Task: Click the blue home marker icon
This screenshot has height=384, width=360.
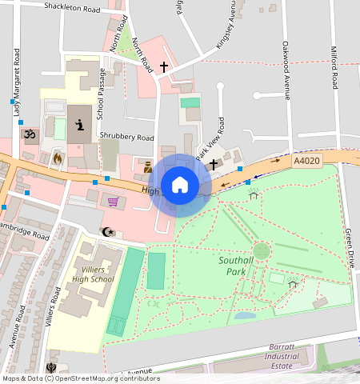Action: [x=180, y=185]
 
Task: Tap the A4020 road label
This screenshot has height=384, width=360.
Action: [x=306, y=161]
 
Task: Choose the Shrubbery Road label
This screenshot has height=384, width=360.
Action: [x=126, y=137]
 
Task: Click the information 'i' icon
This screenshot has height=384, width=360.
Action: [x=79, y=124]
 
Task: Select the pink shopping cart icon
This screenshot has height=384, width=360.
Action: [x=114, y=202]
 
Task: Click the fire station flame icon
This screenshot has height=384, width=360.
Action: [x=58, y=158]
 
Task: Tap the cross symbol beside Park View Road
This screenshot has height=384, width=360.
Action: [x=214, y=164]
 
